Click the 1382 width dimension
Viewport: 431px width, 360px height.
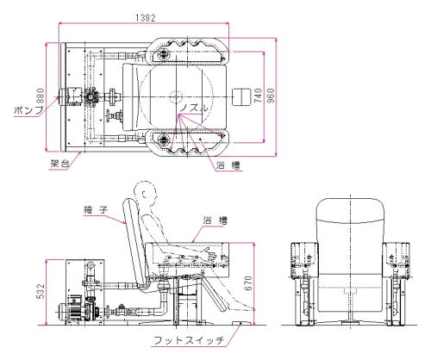(146, 18)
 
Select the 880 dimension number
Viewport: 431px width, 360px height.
(41, 96)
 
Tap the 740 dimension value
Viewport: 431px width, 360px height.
(259, 96)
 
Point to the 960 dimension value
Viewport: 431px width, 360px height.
(271, 96)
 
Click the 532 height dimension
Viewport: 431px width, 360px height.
(41, 291)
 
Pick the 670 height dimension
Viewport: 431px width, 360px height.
(248, 283)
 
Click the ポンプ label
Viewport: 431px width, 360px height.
(28, 110)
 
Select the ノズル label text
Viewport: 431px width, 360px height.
(194, 108)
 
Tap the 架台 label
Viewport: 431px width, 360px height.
(60, 164)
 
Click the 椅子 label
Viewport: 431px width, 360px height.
(96, 210)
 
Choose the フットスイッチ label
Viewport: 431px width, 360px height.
(189, 340)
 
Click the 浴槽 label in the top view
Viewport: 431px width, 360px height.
(228, 165)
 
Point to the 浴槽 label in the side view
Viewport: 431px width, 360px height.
(215, 220)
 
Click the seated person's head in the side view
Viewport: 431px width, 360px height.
(146, 193)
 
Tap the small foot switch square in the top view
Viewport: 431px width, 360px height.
(241, 97)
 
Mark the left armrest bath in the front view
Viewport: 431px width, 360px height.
(305, 261)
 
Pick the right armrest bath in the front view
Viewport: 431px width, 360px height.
(396, 261)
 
